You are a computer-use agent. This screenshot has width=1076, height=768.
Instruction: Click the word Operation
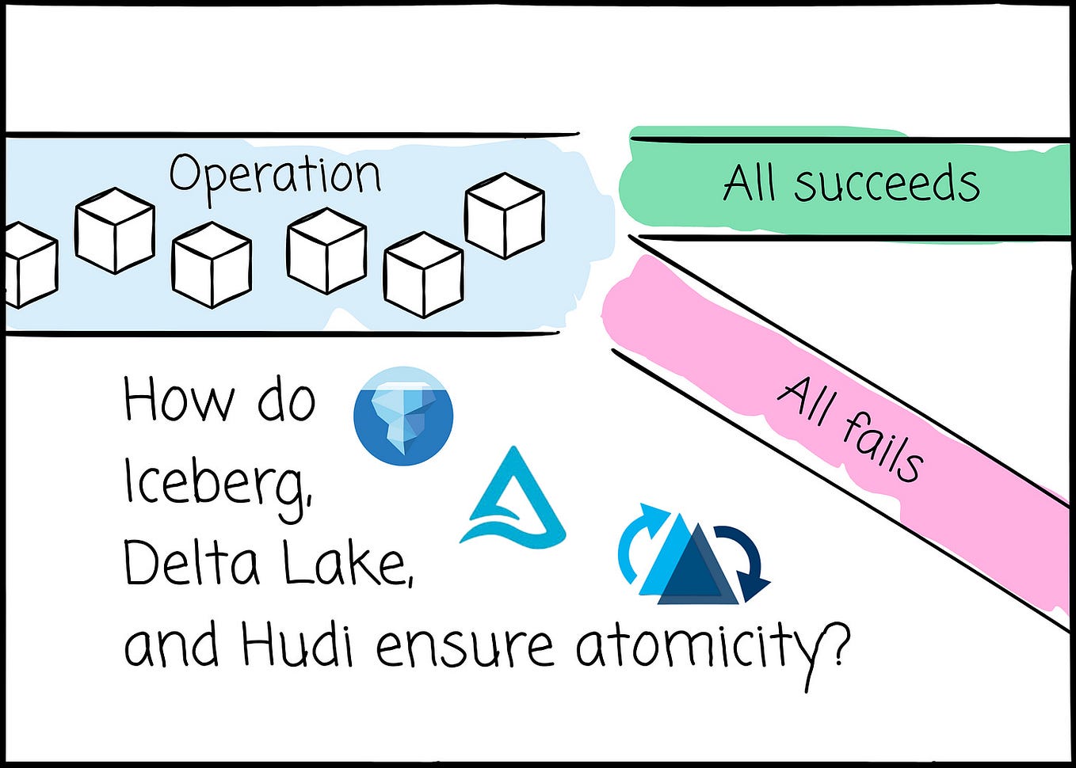click(275, 175)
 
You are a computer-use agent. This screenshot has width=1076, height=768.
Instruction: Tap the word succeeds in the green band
click(887, 184)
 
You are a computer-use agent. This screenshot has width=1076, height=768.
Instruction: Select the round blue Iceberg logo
click(403, 416)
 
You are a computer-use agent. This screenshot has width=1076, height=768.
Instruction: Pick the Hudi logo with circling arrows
click(693, 554)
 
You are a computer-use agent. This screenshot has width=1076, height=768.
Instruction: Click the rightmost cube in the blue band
click(505, 215)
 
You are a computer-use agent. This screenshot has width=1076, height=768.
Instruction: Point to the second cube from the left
click(115, 230)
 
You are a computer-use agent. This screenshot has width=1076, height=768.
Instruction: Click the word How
click(179, 401)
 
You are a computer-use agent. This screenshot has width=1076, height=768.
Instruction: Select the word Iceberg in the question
click(217, 484)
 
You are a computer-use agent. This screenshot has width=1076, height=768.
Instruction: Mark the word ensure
click(464, 645)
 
